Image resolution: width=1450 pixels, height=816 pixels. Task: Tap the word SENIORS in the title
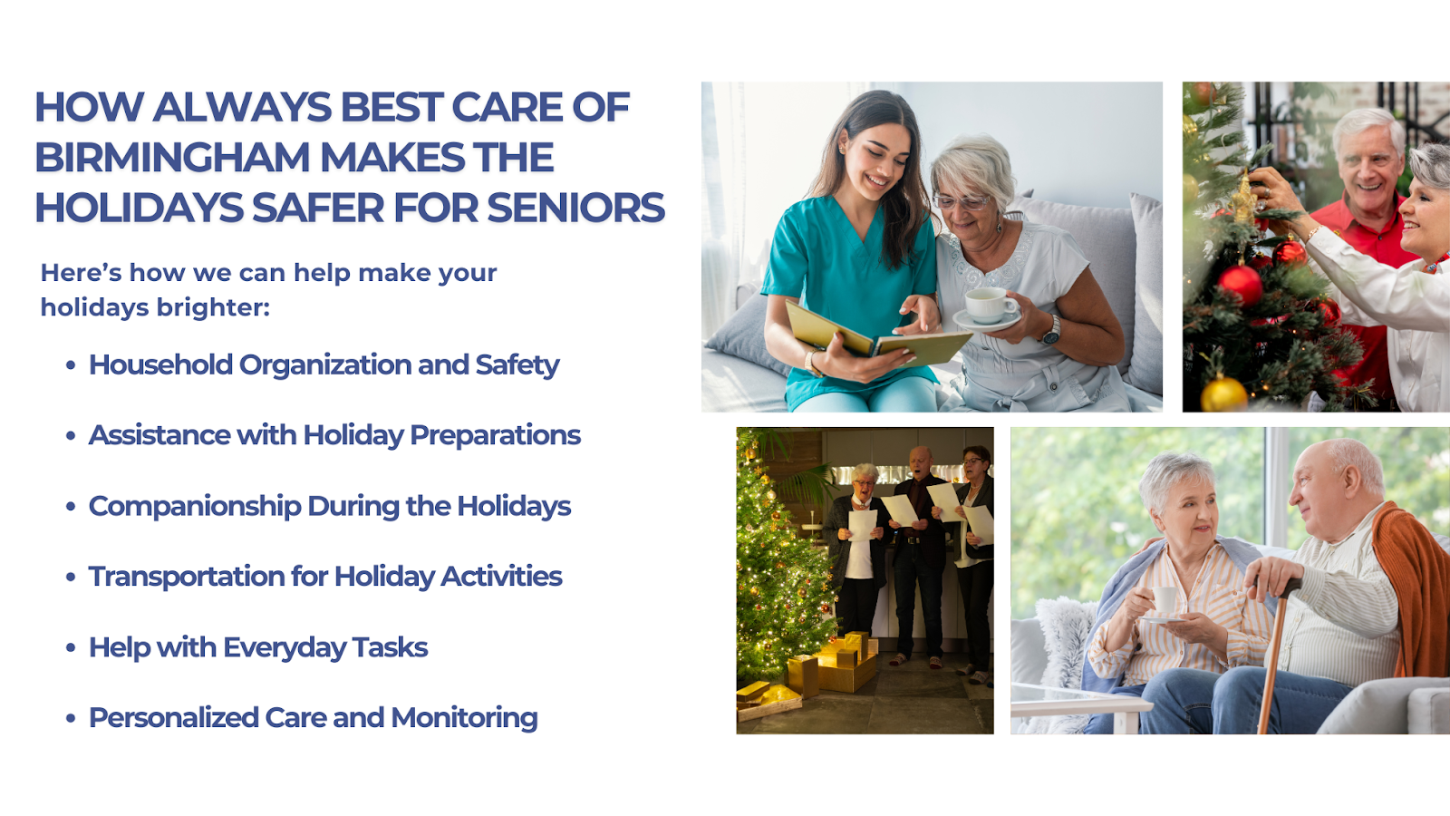coord(575,208)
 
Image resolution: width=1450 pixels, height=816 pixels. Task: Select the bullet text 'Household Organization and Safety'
coord(324,365)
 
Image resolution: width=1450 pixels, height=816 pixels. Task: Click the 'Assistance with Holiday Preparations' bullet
coord(334,436)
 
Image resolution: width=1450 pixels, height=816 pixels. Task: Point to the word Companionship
coord(195,507)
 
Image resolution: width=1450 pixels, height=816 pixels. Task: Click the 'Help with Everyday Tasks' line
coord(258,647)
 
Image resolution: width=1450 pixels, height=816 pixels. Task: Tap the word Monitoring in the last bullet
coord(464,718)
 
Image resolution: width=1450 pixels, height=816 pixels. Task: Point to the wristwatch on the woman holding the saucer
coord(1051,330)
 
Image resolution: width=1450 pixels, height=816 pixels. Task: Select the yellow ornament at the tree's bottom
coord(1223,393)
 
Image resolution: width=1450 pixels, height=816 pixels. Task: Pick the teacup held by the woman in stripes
coord(1164,599)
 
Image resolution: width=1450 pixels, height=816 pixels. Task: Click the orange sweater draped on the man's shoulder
coord(1410,589)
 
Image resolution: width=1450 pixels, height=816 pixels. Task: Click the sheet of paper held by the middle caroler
coord(900,510)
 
